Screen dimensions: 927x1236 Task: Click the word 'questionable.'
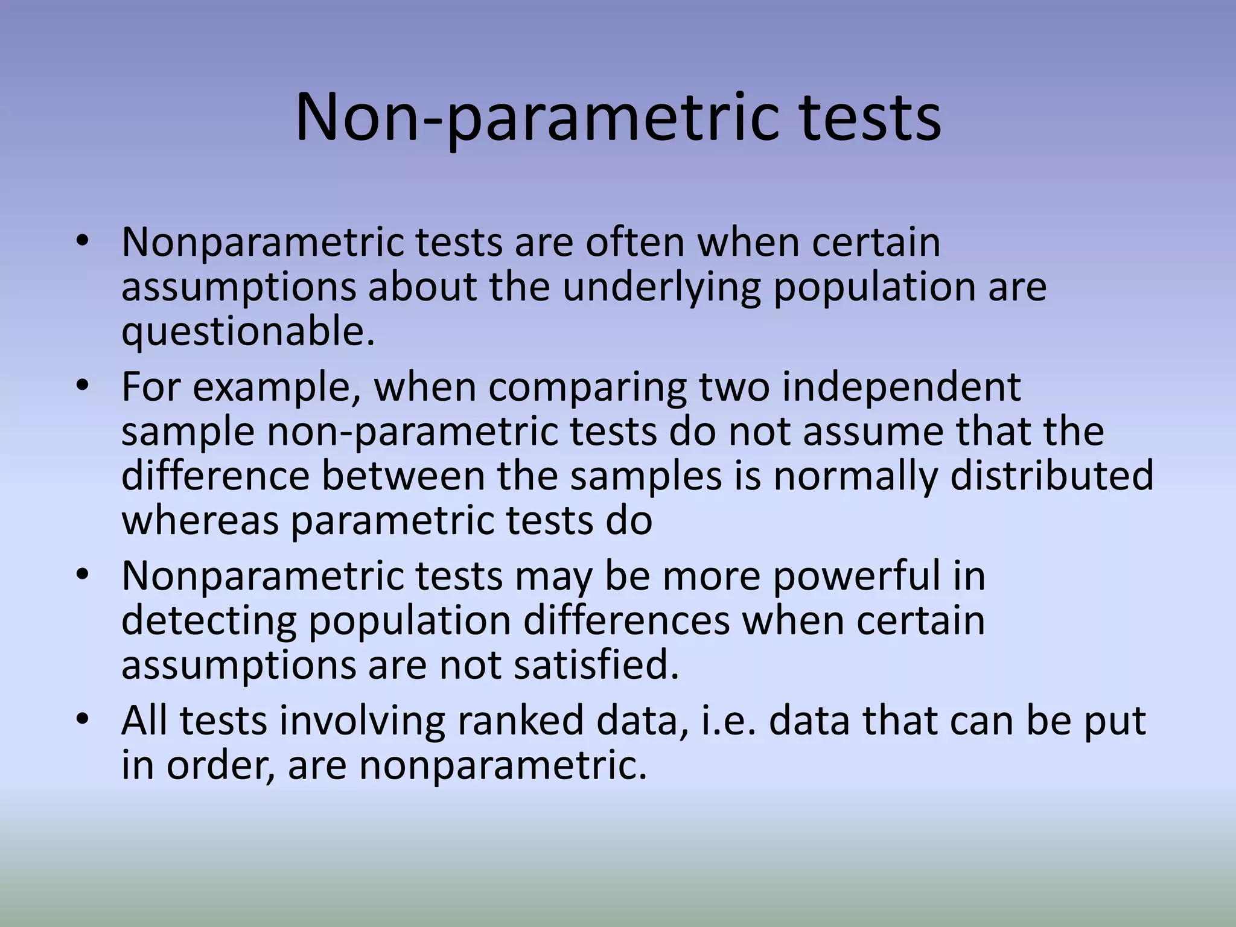click(248, 333)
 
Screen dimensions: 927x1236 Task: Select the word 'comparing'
click(587, 387)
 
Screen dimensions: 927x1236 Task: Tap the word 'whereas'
click(200, 520)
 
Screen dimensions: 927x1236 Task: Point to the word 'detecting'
click(209, 621)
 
